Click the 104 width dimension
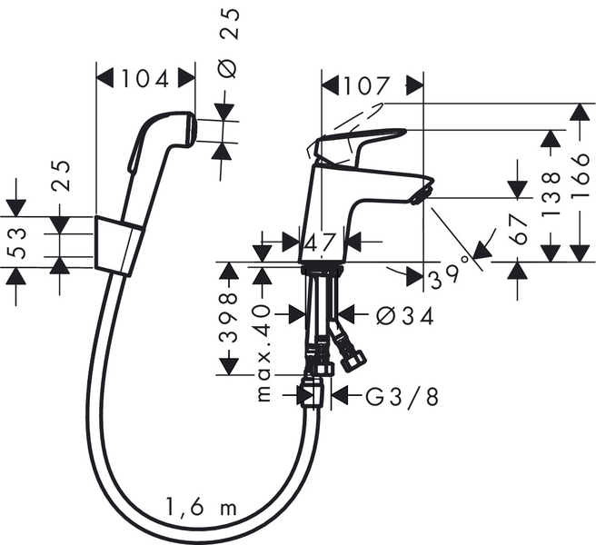[x=145, y=79]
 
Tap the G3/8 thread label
[x=401, y=396]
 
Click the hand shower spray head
[x=187, y=130]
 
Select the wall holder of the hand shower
[x=118, y=243]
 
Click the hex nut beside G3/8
[x=313, y=394]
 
